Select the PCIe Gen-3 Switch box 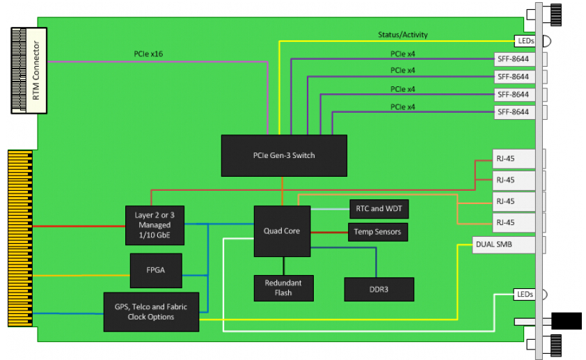[283, 155]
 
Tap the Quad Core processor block [281, 230]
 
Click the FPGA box [156, 271]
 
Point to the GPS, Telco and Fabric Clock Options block [150, 311]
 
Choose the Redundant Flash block [283, 288]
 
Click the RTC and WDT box [378, 208]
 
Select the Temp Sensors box [377, 231]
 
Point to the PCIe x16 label [148, 53]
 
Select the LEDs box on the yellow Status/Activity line [525, 41]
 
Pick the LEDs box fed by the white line [525, 295]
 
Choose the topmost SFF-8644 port [513, 58]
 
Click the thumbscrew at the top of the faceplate [555, 13]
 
